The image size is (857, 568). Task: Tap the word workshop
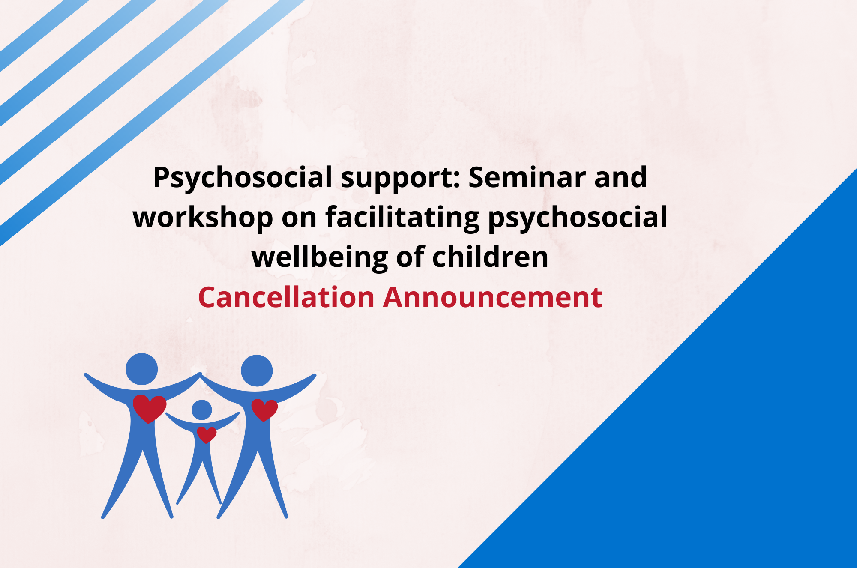pyautogui.click(x=203, y=217)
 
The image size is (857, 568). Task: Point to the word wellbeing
pyautogui.click(x=320, y=258)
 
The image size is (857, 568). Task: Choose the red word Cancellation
pyautogui.click(x=286, y=297)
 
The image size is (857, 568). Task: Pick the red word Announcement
pyautogui.click(x=493, y=297)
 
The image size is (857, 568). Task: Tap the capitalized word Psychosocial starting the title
pyautogui.click(x=243, y=178)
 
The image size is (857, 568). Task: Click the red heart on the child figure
pyautogui.click(x=207, y=434)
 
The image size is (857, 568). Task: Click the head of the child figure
pyautogui.click(x=202, y=410)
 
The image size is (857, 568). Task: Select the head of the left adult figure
pyautogui.click(x=142, y=369)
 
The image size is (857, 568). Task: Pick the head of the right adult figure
pyautogui.click(x=257, y=371)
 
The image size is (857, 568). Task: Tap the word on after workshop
pyautogui.click(x=299, y=219)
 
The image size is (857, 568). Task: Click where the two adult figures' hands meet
pyautogui.click(x=200, y=375)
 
